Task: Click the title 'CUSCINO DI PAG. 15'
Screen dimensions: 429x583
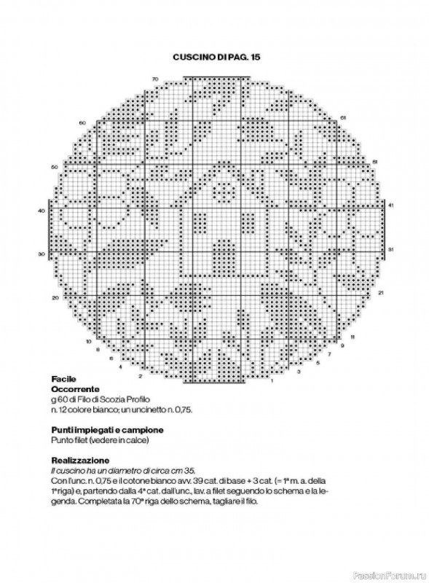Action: click(216, 56)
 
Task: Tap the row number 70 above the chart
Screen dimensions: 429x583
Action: click(155, 78)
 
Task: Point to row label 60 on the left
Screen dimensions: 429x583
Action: click(82, 122)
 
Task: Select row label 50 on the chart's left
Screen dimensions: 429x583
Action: click(54, 167)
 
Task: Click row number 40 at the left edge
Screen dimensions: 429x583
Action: click(40, 210)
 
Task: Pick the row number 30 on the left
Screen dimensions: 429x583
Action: click(41, 254)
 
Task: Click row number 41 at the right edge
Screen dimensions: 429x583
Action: click(391, 206)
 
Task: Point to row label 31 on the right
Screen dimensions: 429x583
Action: click(391, 249)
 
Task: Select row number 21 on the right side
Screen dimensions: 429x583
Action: click(380, 292)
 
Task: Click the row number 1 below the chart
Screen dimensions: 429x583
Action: click(271, 381)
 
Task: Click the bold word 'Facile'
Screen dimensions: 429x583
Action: click(63, 380)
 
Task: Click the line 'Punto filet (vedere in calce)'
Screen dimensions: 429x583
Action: click(97, 440)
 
